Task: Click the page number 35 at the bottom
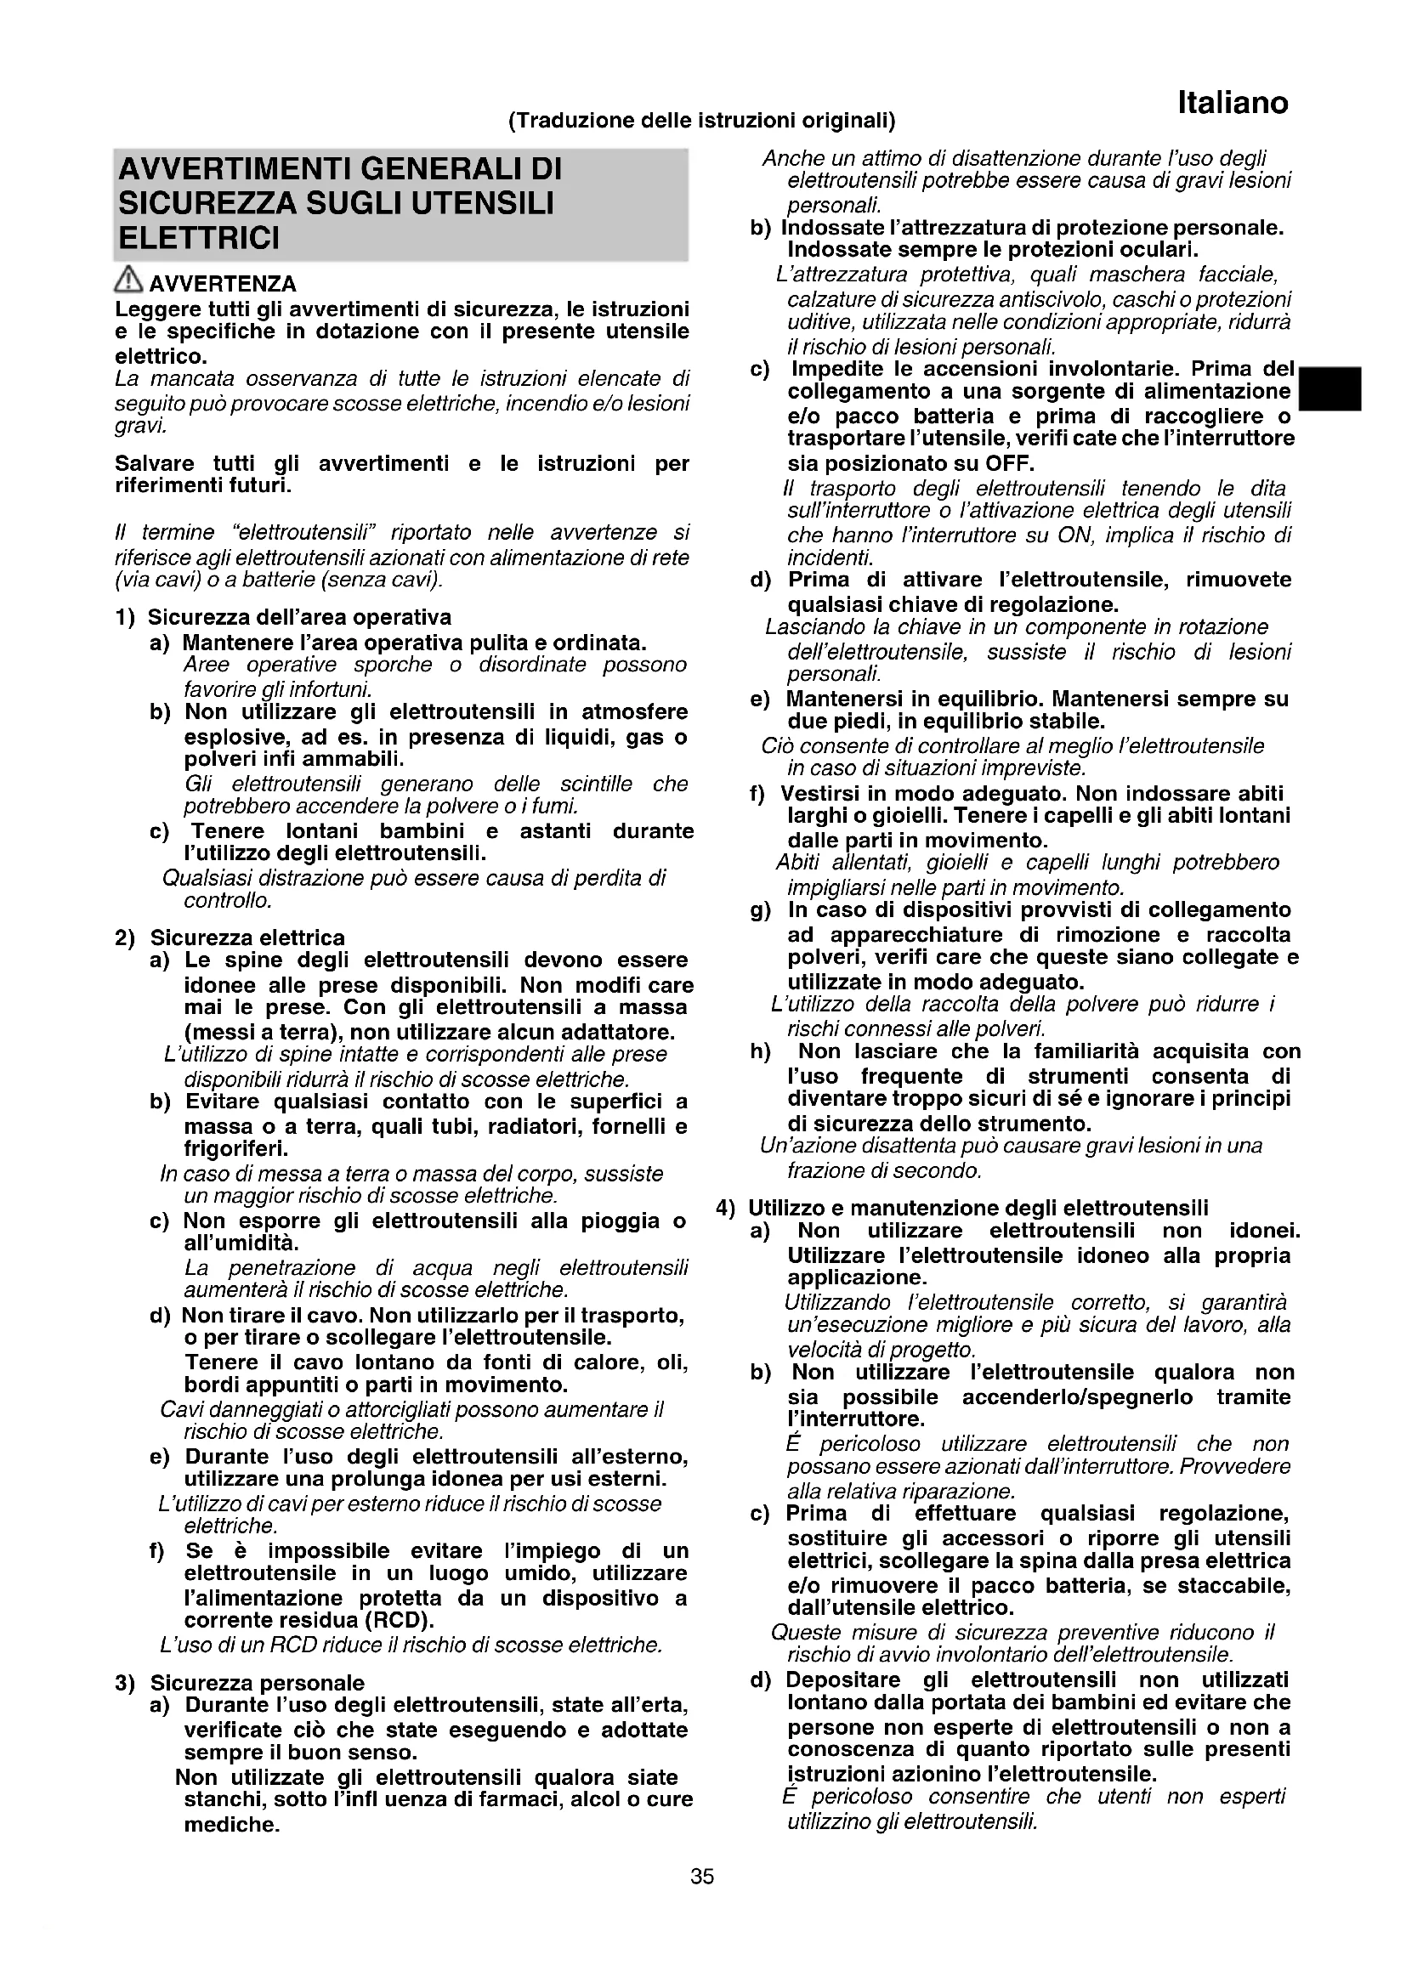point(702,1877)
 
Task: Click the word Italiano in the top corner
point(1232,104)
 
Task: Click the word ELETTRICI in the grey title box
point(199,238)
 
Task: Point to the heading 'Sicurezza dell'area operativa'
point(298,617)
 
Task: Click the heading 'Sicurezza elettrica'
point(247,937)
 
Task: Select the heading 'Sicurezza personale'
point(257,1683)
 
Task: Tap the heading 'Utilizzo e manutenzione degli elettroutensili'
point(978,1208)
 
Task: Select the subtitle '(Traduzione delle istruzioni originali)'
point(701,120)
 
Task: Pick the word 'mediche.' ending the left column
point(232,1824)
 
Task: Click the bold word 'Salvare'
point(154,463)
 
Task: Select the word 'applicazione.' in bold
point(857,1277)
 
